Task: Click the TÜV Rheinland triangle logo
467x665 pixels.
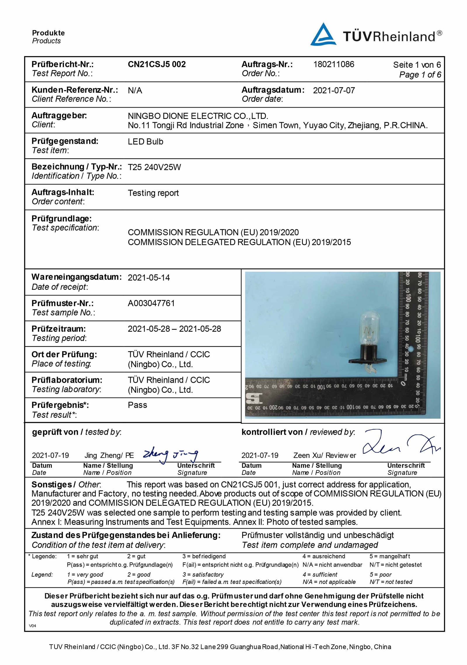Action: (323, 35)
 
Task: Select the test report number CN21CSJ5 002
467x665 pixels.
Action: (156, 64)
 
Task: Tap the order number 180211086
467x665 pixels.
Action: (334, 64)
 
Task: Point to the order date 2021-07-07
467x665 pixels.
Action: (334, 90)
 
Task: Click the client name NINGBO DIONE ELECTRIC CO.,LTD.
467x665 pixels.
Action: (198, 116)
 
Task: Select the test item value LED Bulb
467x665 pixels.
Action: (145, 142)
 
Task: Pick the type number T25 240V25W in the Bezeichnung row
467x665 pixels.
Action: (154, 167)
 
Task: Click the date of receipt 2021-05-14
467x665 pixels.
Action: (149, 278)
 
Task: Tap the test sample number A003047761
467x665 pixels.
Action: (151, 303)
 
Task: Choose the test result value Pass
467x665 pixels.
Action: (137, 405)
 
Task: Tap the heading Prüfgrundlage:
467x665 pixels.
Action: (61, 219)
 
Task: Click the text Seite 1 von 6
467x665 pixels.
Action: (417, 65)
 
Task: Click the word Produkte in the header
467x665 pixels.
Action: (48, 33)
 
